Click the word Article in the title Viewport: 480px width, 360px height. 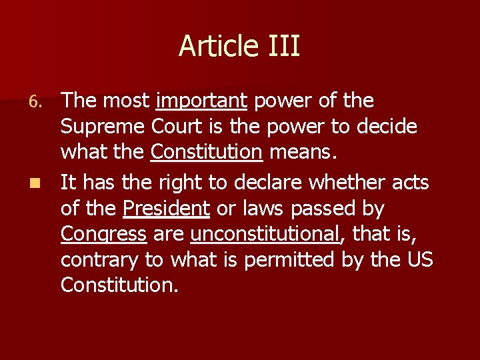tap(216, 47)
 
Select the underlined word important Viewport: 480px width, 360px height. tap(201, 101)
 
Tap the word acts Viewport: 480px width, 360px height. tap(412, 182)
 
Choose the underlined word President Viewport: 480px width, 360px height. tap(167, 209)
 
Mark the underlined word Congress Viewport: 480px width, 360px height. tap(103, 235)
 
